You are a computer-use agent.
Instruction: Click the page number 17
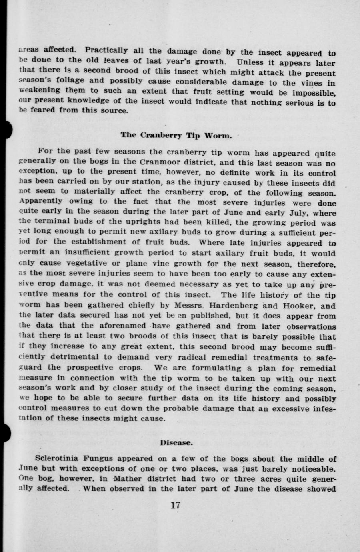pyautogui.click(x=175, y=505)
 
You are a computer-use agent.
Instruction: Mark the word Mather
pyautogui.click(x=124, y=479)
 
